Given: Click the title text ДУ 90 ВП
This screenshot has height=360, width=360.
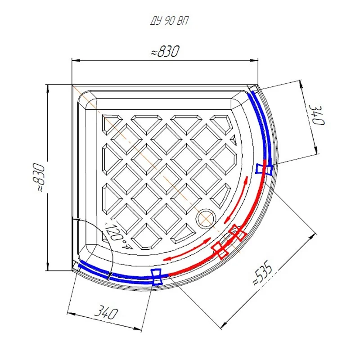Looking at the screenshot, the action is [169, 21].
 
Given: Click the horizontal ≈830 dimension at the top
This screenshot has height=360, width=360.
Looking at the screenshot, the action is [165, 51].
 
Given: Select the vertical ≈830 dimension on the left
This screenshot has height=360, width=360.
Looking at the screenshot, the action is [38, 177].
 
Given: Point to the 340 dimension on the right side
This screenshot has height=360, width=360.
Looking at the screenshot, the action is [317, 115].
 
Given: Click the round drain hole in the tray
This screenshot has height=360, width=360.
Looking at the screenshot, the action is [206, 219].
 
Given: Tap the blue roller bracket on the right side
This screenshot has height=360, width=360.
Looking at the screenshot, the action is [264, 169].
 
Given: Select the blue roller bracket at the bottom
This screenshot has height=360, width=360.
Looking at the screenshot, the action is [157, 277].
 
